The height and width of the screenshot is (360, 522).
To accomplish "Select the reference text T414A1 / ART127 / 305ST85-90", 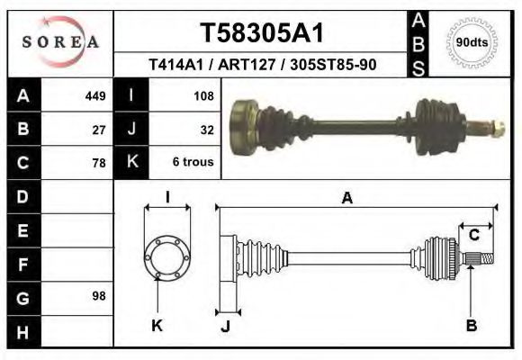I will [262, 66].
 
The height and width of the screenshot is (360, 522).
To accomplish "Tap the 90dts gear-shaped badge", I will [472, 42].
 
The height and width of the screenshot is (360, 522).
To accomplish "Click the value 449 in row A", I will [94, 96].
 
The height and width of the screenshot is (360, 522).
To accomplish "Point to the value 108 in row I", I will [202, 96].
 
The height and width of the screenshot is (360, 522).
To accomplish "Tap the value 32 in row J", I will [206, 130].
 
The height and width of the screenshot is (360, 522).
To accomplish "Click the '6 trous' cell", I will [193, 163].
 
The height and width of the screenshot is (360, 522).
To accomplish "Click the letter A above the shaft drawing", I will [346, 199].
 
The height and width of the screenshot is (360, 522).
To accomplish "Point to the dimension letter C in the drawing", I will [473, 236].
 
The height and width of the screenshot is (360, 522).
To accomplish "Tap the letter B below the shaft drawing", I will [471, 326].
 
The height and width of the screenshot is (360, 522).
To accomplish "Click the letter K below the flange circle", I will [157, 326].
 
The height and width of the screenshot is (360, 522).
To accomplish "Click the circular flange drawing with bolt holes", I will [167, 256].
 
